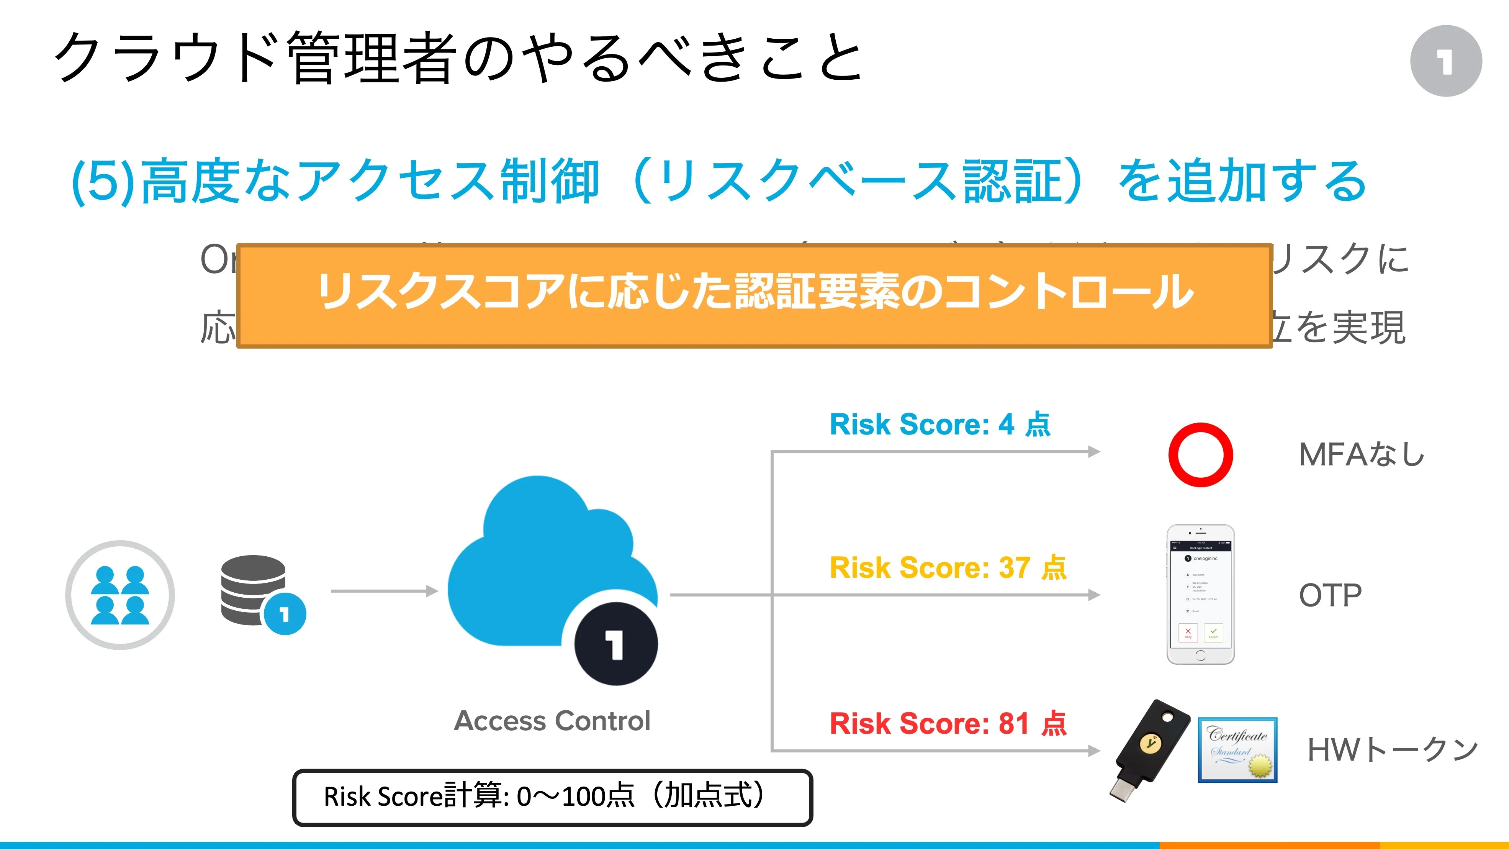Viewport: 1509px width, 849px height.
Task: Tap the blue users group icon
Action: [x=120, y=595]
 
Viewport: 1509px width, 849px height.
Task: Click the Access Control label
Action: [x=552, y=721]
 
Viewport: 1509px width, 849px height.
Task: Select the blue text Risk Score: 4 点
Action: [x=939, y=424]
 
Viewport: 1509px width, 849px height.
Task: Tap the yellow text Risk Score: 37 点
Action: [x=948, y=567]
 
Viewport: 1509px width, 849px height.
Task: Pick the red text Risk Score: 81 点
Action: [x=948, y=723]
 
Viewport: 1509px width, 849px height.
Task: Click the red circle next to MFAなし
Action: [x=1200, y=455]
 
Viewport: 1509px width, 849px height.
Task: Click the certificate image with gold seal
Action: [x=1237, y=750]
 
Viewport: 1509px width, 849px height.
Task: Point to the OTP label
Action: [x=1330, y=595]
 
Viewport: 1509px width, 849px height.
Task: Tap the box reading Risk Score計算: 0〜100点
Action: [x=552, y=797]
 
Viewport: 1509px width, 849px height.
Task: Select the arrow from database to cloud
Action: [x=384, y=591]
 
